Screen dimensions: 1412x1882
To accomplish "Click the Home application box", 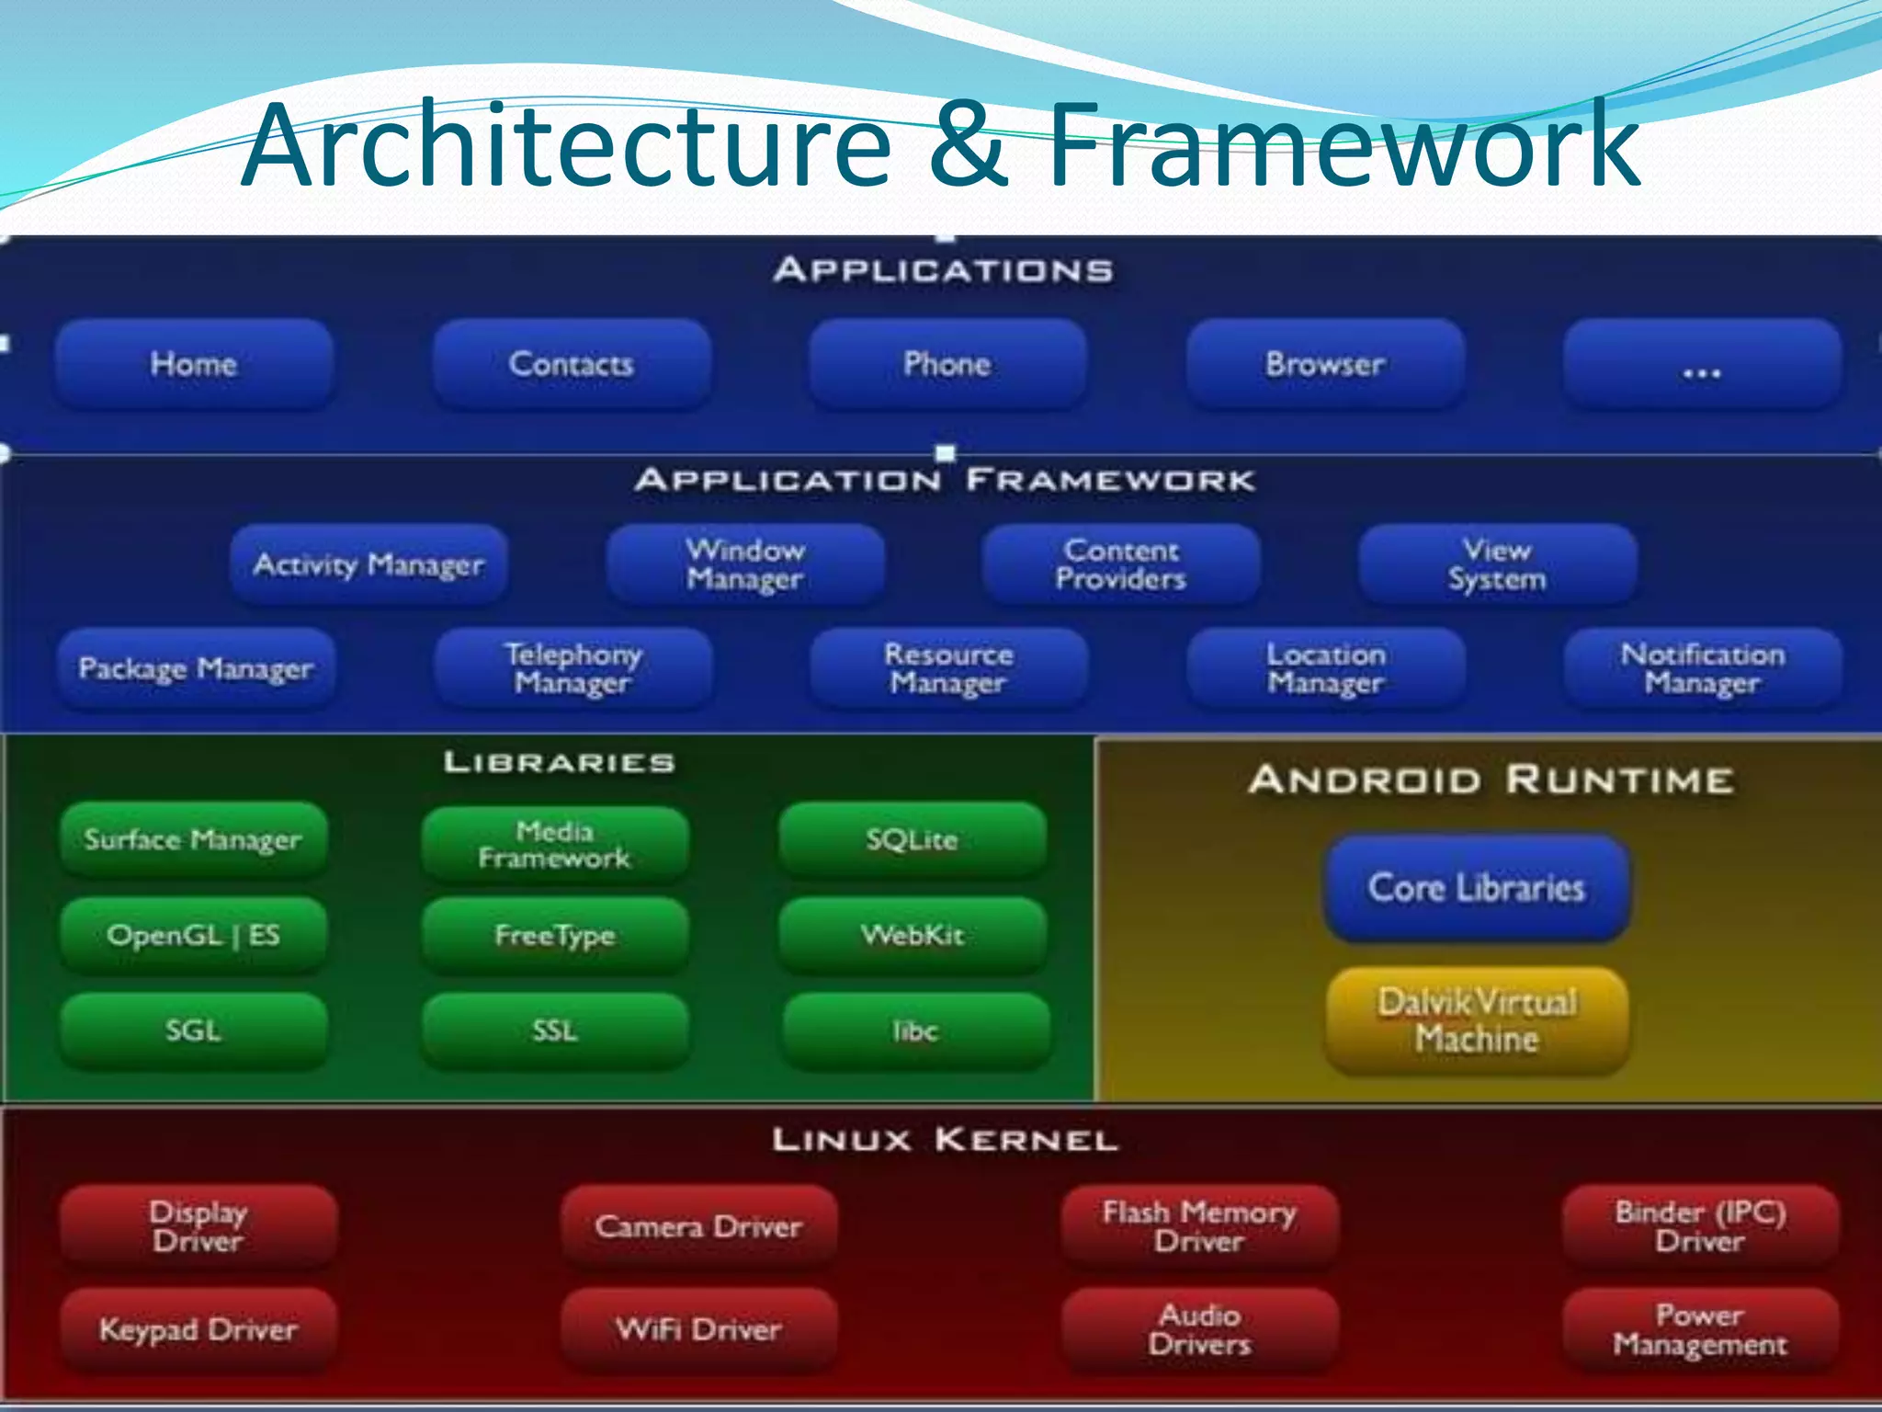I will coord(194,364).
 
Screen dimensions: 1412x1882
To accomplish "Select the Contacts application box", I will coord(572,364).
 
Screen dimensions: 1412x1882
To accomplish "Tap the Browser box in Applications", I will coord(1325,364).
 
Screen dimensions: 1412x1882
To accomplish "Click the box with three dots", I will coord(1702,366).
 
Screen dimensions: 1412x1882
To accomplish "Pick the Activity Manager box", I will coord(368,564).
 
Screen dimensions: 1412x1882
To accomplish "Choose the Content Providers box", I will coord(1121,564).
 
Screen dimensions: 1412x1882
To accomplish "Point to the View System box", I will coord(1498,564).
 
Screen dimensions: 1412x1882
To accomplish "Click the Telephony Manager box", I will coord(573,668).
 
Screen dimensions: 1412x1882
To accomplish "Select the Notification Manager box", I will coord(1703,668).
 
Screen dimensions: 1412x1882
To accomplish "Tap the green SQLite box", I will coord(913,839).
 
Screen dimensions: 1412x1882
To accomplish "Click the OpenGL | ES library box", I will coord(194,936).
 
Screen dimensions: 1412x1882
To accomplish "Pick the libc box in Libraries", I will coord(916,1031).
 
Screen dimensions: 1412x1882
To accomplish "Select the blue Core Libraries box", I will coord(1477,888).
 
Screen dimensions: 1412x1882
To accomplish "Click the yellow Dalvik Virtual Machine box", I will coord(1477,1020).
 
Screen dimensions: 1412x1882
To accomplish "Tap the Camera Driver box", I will coord(699,1226).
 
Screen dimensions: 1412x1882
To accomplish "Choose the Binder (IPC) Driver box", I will coord(1701,1226).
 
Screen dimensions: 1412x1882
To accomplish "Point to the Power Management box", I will coord(1701,1330).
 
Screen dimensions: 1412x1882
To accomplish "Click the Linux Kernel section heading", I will coord(945,1141).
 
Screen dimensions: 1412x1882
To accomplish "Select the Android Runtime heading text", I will coord(1491,780).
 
